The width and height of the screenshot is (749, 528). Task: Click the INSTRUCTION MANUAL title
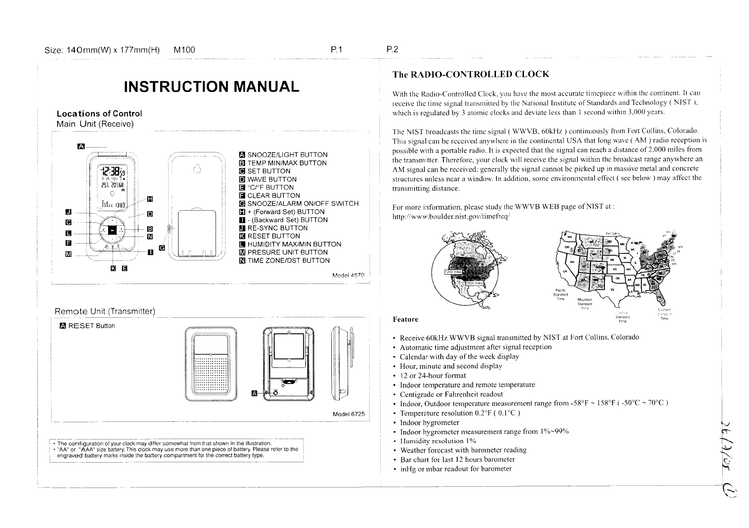coord(211,87)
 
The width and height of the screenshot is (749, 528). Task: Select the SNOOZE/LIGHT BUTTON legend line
coord(287,155)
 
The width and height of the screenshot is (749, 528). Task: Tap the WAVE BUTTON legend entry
coord(272,179)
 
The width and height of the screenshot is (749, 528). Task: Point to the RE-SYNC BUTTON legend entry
coord(277,228)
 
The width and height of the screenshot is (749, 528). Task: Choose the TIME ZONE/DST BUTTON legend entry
coord(288,260)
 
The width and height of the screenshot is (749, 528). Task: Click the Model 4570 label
coord(348,275)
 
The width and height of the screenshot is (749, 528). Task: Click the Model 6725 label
coord(348,414)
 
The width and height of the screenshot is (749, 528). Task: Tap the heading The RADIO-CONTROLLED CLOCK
coord(471,74)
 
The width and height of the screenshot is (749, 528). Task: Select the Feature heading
coord(405,320)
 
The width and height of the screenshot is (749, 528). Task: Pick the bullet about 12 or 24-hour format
coord(433,376)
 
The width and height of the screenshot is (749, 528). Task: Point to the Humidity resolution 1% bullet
coord(438,441)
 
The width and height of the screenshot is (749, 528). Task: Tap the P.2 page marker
coord(392,50)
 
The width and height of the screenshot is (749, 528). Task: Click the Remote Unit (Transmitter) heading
coord(105,311)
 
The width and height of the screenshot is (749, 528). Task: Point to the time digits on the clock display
coord(111,171)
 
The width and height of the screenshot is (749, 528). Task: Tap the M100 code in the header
coord(184,50)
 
